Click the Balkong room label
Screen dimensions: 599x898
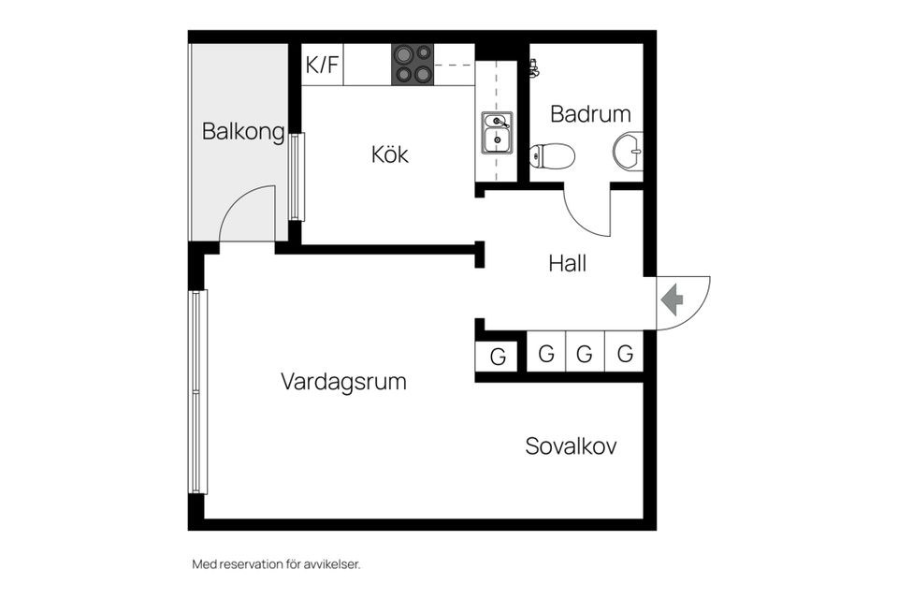pyautogui.click(x=243, y=132)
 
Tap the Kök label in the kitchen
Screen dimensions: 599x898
pyautogui.click(x=390, y=154)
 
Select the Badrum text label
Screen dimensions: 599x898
pyautogui.click(x=590, y=114)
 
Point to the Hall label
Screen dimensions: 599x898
pyautogui.click(x=568, y=264)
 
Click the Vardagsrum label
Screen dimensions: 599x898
pyautogui.click(x=343, y=382)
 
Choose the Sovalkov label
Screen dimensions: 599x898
pyautogui.click(x=571, y=446)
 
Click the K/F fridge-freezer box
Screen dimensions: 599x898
pyautogui.click(x=322, y=66)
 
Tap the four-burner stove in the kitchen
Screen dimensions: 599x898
pyautogui.click(x=413, y=65)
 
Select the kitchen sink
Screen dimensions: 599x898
pyautogui.click(x=497, y=133)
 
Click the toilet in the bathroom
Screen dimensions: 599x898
pyautogui.click(x=552, y=155)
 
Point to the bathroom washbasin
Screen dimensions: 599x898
pyautogui.click(x=630, y=150)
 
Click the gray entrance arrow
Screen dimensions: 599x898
pyautogui.click(x=673, y=300)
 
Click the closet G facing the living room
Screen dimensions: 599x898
pyautogui.click(x=498, y=357)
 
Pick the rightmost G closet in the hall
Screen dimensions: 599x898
pyautogui.click(x=625, y=354)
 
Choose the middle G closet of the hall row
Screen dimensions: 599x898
pyautogui.click(x=585, y=354)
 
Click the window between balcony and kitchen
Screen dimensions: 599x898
pyautogui.click(x=297, y=177)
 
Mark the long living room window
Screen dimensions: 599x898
pyautogui.click(x=197, y=391)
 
